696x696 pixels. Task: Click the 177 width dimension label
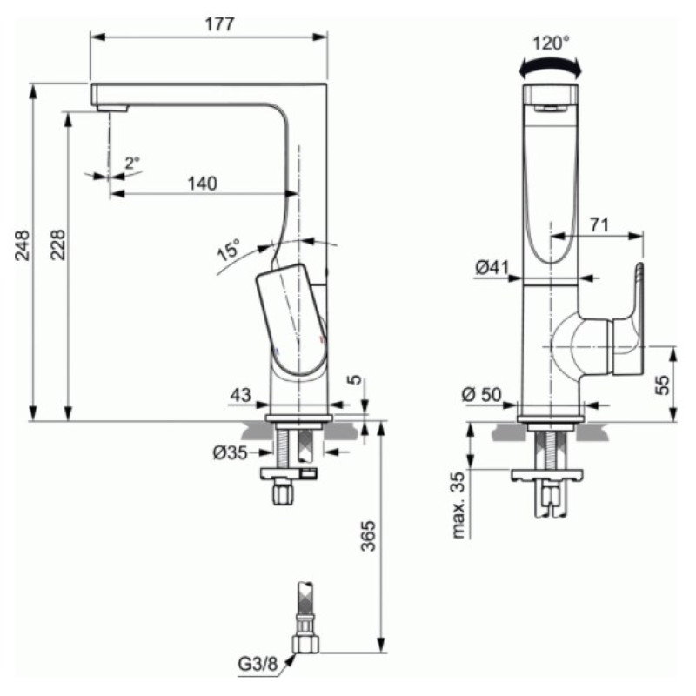219,24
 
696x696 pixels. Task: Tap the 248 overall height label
23,245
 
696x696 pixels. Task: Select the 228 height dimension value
57,245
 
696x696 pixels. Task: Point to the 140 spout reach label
203,184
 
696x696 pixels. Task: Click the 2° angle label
132,163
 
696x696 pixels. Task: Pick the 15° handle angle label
230,250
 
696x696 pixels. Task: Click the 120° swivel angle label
551,43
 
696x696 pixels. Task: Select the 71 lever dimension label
599,225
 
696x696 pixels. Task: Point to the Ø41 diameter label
492,268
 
